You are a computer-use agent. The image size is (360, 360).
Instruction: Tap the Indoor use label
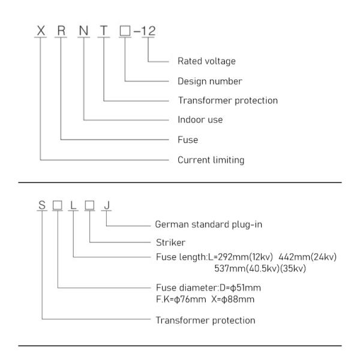(x=200, y=119)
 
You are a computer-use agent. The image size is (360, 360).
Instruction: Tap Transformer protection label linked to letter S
(x=205, y=320)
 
